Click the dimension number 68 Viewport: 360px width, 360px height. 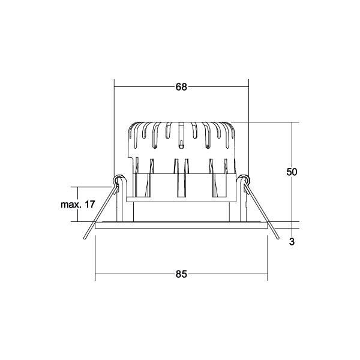click(181, 86)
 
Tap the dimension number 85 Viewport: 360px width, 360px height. click(181, 274)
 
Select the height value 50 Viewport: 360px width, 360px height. click(292, 172)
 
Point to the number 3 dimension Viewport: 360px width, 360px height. click(292, 242)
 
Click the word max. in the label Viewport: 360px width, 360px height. click(71, 205)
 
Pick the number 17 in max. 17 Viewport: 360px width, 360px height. click(90, 205)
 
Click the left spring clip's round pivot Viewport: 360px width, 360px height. click(119, 179)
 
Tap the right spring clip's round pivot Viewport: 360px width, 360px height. click(244, 179)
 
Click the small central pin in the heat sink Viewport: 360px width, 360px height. click(181, 144)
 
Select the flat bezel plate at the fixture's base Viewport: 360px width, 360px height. click(181, 226)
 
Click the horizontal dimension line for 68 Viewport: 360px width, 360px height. click(150, 86)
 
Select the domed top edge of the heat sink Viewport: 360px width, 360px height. click(181, 122)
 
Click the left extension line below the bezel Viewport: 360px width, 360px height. click(96, 258)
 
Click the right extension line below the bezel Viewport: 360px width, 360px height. click(268, 258)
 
